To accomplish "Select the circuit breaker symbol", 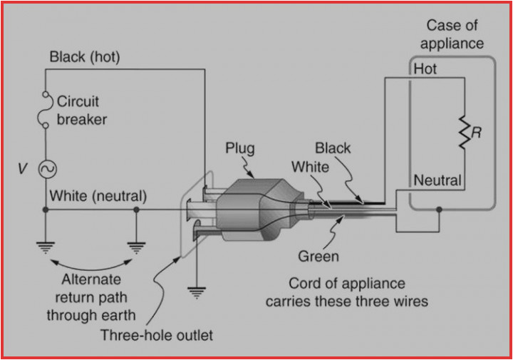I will tap(46, 109).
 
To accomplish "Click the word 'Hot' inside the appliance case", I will tap(425, 70).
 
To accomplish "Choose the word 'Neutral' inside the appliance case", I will tap(437, 180).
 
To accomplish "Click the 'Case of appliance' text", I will tap(451, 34).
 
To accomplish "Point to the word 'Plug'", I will tap(239, 149).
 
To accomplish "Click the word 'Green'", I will tap(318, 256).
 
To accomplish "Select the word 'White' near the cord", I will tap(310, 167).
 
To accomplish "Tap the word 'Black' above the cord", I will tap(333, 148).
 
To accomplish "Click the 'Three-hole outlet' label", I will tap(156, 335).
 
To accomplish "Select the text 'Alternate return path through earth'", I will tap(90, 297).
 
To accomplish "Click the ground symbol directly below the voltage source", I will tap(46, 247).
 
